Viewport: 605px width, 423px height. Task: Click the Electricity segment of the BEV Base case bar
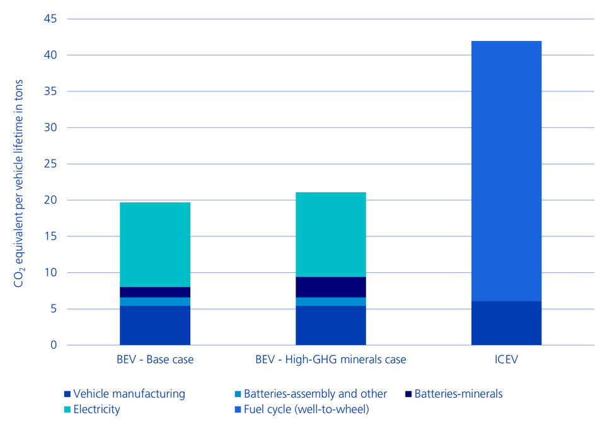coord(155,245)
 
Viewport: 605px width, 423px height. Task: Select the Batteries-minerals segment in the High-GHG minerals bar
coord(331,287)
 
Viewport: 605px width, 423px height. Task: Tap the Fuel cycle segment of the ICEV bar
coord(506,170)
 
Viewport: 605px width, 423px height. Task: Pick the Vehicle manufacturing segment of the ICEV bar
coord(506,323)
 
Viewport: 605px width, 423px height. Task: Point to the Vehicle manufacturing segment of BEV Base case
coord(155,325)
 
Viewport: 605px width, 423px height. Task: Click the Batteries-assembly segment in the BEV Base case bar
coord(155,301)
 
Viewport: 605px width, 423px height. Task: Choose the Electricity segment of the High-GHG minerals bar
coord(331,235)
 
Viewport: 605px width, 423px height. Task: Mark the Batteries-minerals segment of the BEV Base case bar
coord(155,292)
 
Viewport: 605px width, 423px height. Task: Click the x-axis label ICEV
coord(506,360)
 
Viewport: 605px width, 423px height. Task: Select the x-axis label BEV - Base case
coord(155,360)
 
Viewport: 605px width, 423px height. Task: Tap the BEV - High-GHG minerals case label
coord(331,360)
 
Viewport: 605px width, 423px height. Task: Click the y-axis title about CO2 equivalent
coord(20,183)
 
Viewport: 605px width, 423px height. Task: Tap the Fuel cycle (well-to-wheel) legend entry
coord(301,409)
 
